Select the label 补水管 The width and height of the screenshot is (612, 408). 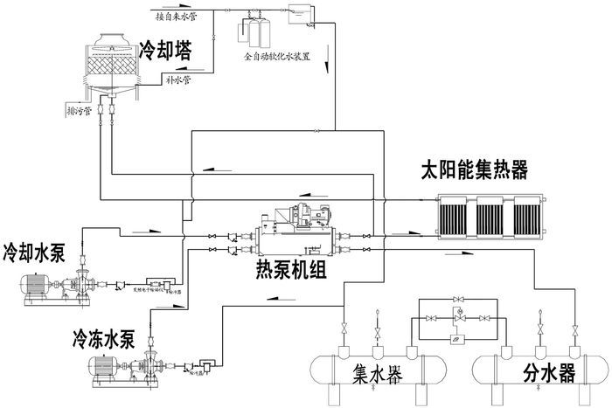tap(178, 79)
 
